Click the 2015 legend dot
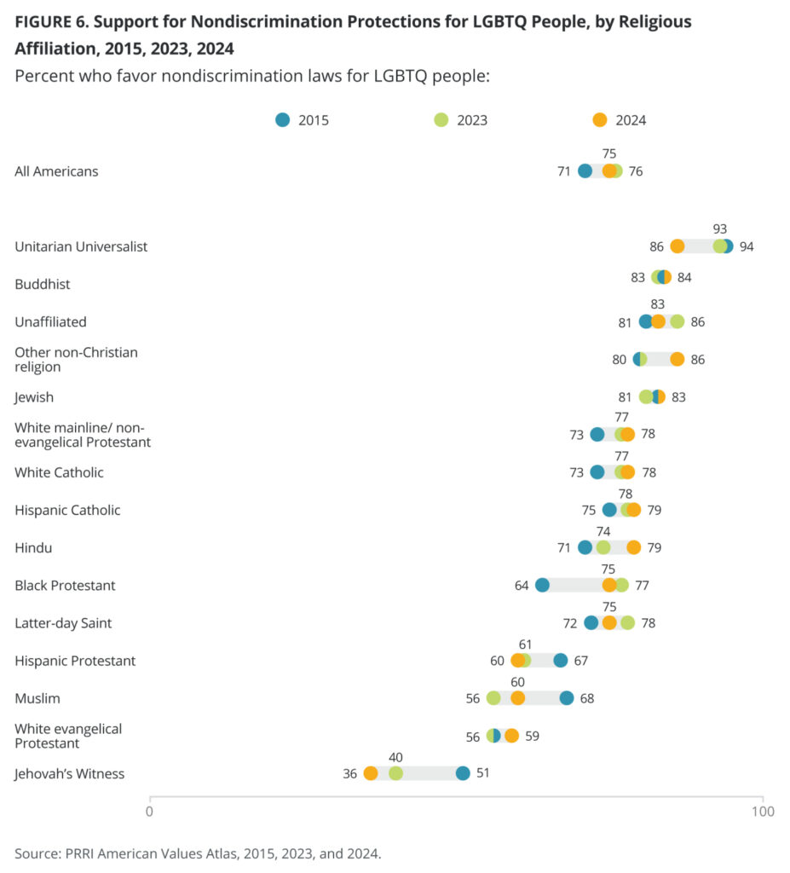(x=283, y=120)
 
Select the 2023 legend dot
(x=441, y=120)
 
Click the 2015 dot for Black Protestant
(x=542, y=585)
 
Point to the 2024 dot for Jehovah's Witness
(x=371, y=773)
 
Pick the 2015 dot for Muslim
(x=567, y=698)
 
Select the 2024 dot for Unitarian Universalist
(x=678, y=246)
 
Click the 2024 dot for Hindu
(x=634, y=547)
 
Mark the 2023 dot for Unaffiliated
(x=678, y=321)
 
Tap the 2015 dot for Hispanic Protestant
(x=561, y=661)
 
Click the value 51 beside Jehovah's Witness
(x=481, y=774)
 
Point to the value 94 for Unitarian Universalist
(x=747, y=246)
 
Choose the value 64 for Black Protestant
(x=522, y=586)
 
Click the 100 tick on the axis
(x=763, y=811)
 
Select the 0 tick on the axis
(x=150, y=811)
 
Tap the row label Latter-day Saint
(x=63, y=623)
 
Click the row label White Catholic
(x=59, y=472)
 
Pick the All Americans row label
(x=56, y=171)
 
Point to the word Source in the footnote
(x=35, y=853)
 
